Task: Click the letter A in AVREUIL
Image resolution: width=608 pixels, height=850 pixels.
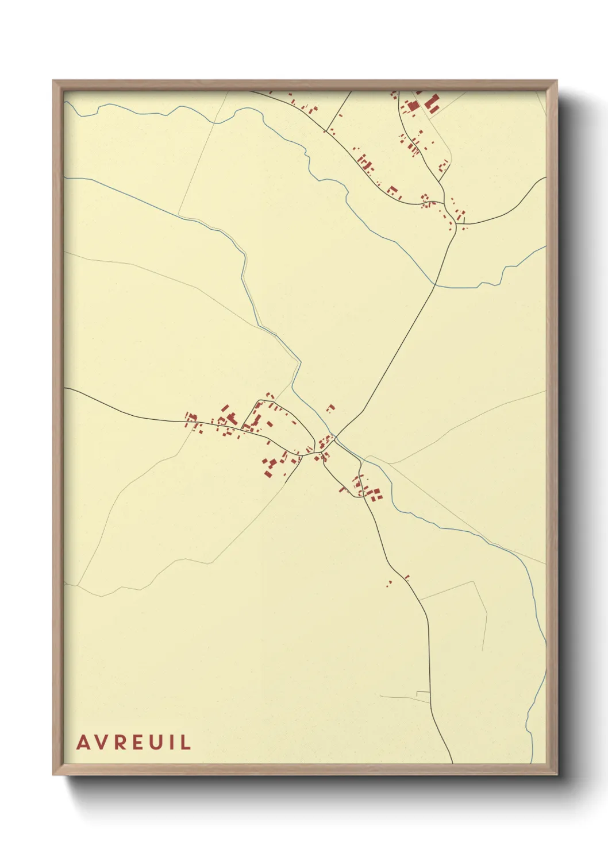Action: (x=83, y=742)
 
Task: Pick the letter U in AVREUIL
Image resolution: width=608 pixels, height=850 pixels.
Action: (x=156, y=742)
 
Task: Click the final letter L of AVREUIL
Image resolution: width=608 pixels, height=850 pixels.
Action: (x=185, y=742)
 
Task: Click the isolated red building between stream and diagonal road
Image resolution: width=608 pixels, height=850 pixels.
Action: (x=330, y=408)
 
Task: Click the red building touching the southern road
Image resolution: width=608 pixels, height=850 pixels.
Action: (x=407, y=577)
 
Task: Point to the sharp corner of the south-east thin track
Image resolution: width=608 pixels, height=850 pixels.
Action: (x=474, y=581)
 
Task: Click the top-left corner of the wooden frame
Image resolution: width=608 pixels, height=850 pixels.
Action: (x=53, y=81)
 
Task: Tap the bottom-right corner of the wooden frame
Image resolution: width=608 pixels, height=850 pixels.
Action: (x=557, y=775)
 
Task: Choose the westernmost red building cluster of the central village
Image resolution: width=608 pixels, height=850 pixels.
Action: (x=191, y=418)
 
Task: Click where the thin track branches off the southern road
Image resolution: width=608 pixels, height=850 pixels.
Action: (x=420, y=600)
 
